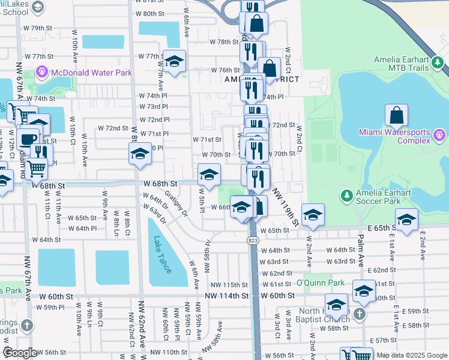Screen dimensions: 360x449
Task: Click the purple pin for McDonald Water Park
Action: point(43,72)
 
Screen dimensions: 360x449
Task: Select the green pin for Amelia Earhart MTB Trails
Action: point(439,62)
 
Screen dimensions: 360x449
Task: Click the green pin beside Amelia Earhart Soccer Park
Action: point(346,196)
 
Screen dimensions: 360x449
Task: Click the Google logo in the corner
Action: point(19,353)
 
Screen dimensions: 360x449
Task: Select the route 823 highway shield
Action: point(252,239)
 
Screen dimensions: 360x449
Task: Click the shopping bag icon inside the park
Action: point(396,115)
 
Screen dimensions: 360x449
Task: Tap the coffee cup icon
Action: point(28,139)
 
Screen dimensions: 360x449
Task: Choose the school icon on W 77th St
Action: point(174,61)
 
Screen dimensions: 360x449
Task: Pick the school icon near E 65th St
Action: point(406,220)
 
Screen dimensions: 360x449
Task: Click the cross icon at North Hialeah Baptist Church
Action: point(359,313)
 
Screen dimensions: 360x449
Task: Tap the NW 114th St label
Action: point(226,296)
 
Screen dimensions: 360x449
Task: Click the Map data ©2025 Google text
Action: point(412,355)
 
